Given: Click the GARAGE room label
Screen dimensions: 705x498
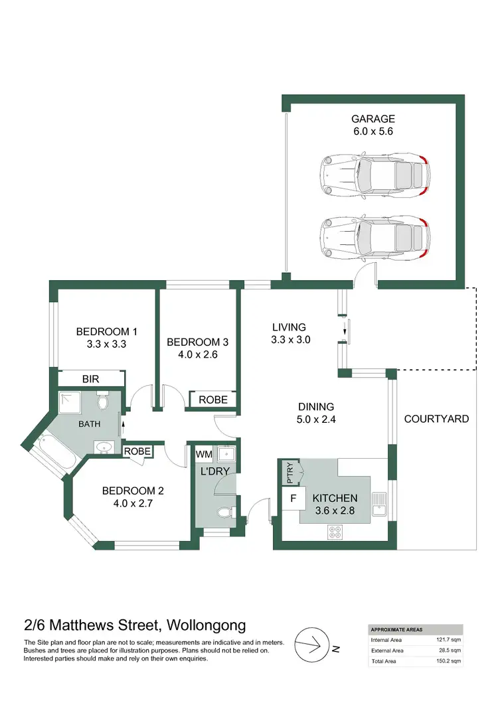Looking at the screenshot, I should pyautogui.click(x=373, y=119).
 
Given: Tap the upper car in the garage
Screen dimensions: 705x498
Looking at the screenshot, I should pyautogui.click(x=373, y=175).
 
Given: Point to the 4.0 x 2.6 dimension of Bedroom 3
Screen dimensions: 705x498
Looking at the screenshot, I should pyautogui.click(x=197, y=354).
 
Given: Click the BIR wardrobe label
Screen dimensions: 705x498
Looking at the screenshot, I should pyautogui.click(x=91, y=379).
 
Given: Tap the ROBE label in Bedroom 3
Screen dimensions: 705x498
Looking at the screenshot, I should pyautogui.click(x=213, y=400).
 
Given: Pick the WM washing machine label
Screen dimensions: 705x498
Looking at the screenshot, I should pyautogui.click(x=203, y=454).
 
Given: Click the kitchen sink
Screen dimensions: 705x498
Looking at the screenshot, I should pyautogui.click(x=378, y=505).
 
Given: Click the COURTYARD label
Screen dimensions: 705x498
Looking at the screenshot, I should pyautogui.click(x=436, y=419).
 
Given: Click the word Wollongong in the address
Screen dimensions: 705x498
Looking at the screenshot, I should pyautogui.click(x=205, y=625).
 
